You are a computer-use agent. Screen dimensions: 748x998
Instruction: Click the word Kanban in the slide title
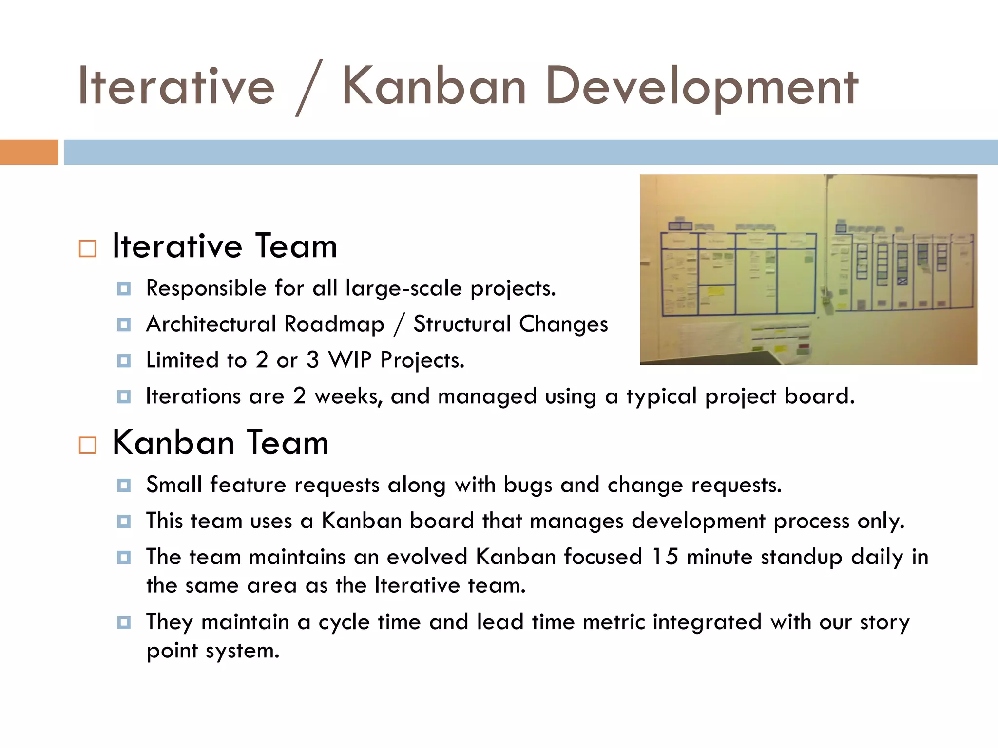[434, 87]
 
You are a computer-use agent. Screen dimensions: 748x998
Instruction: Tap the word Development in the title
[701, 87]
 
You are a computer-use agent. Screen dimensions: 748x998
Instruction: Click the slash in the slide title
[309, 88]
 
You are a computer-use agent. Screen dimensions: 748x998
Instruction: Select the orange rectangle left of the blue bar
[29, 152]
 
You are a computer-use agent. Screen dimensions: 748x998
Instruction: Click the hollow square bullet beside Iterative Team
[88, 248]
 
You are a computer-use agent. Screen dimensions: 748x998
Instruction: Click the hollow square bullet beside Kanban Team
[88, 445]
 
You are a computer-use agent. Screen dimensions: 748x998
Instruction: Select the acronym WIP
[350, 360]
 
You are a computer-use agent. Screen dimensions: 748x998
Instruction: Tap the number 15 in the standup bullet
[665, 557]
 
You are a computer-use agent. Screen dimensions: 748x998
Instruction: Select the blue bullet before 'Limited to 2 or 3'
[124, 361]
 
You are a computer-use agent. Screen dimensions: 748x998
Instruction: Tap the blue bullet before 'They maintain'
[124, 622]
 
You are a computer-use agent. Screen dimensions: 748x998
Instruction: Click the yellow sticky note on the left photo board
[715, 292]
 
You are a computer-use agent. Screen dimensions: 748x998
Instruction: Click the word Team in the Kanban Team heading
[288, 443]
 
